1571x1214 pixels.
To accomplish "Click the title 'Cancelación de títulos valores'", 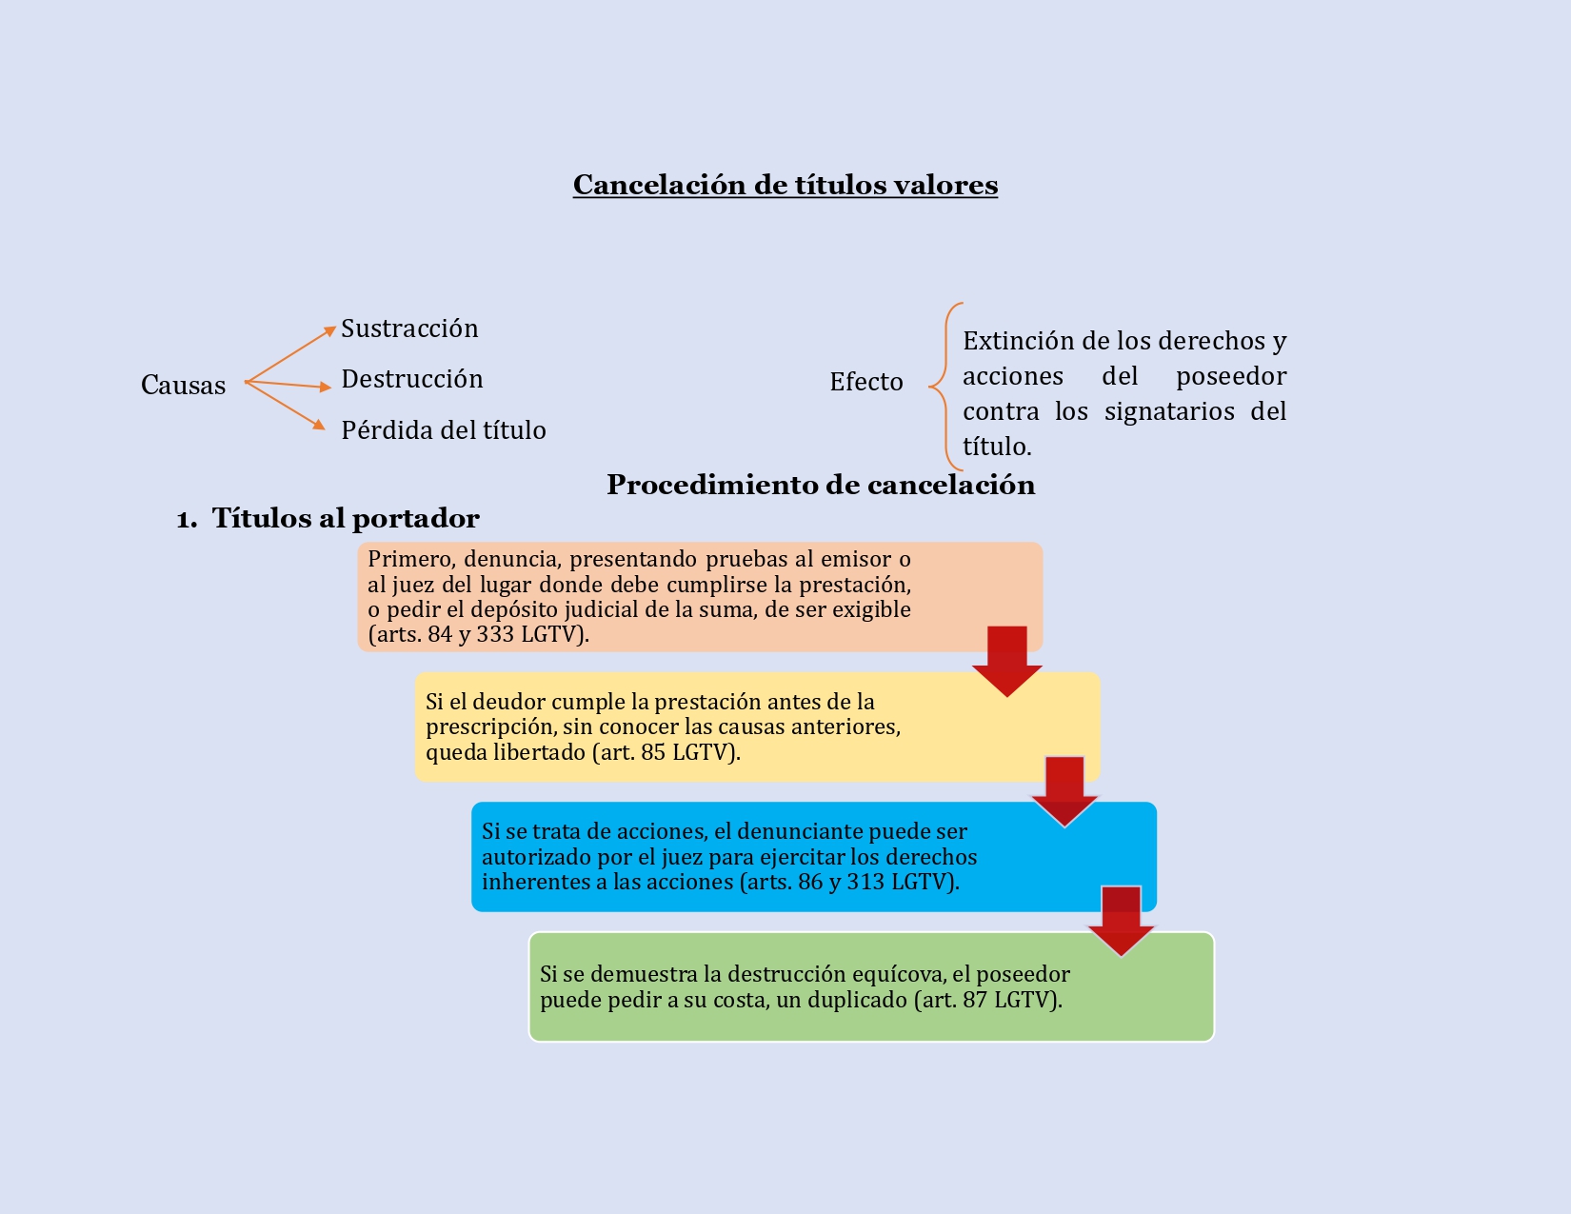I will coord(785,185).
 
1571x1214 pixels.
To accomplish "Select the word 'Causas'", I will coord(183,385).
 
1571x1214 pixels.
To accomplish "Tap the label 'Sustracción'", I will coord(409,328).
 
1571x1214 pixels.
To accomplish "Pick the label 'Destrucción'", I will coord(411,379).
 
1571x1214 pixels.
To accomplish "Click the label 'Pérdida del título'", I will coord(443,430).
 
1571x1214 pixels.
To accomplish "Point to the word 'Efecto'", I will coord(865,382).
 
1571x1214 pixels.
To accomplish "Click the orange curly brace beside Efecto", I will coord(945,387).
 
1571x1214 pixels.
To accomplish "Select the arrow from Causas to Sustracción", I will coord(289,355).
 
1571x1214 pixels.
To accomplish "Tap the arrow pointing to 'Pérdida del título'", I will coord(286,406).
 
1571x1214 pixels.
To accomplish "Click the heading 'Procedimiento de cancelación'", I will coord(821,485).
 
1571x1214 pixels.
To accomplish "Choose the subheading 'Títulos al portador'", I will coord(345,518).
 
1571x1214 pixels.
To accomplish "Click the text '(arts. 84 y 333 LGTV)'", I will coord(478,634).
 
